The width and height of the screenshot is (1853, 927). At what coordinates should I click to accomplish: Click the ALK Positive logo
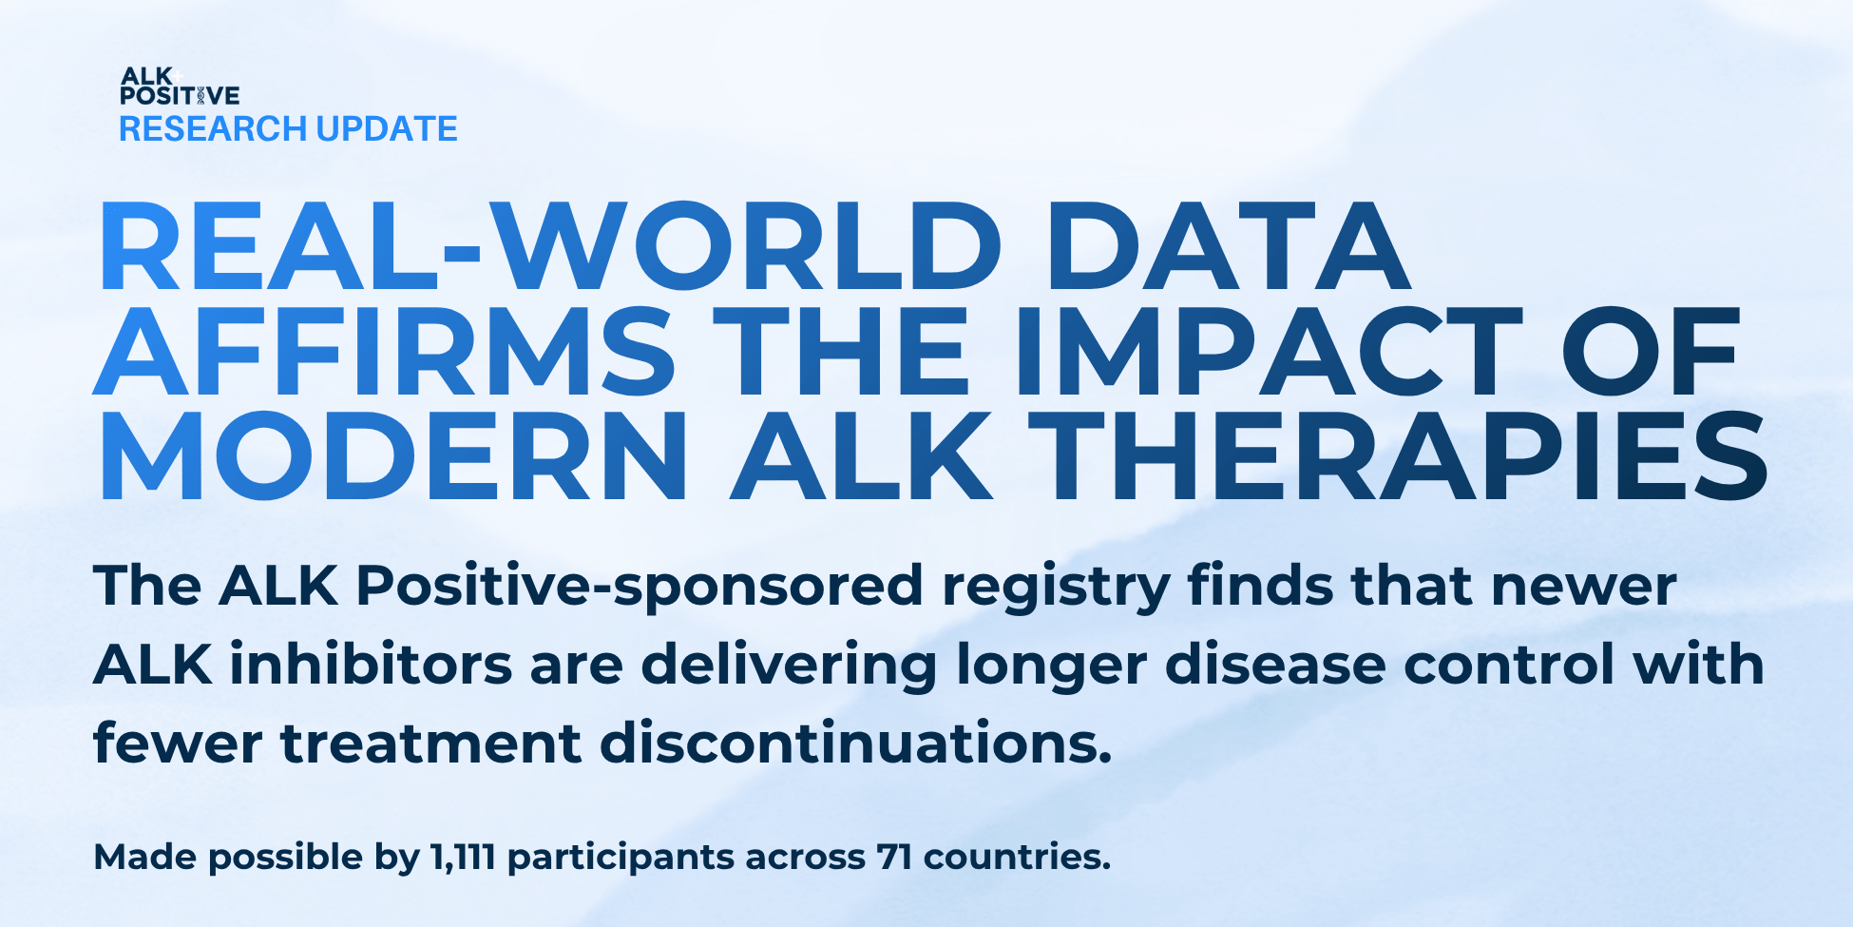tap(180, 86)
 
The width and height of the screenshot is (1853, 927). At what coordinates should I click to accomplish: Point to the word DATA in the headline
tap(1227, 246)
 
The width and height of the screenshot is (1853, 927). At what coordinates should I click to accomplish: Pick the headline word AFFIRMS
tap(385, 351)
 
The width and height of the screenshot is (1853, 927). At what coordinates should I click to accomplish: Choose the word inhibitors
tap(372, 664)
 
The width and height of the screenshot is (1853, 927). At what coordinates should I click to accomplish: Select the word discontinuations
tap(856, 743)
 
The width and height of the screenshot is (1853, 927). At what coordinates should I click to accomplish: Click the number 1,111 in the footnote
tap(463, 858)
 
